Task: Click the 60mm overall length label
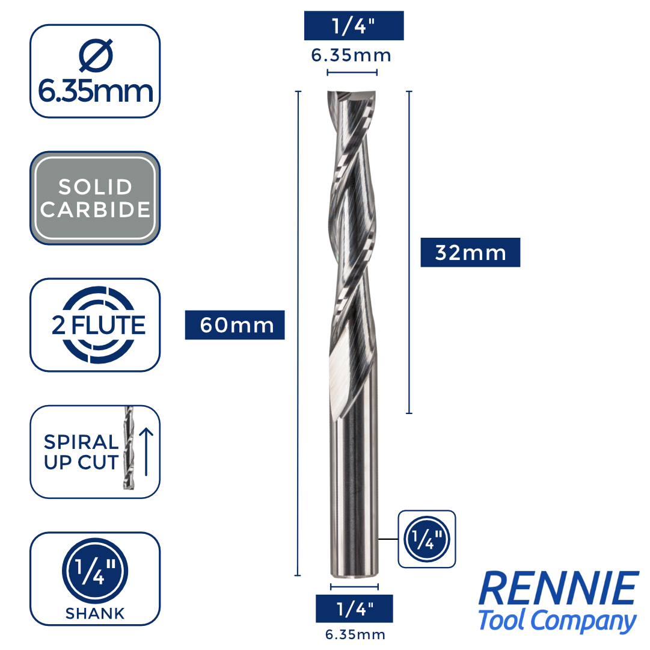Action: (x=235, y=325)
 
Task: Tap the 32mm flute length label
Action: (x=470, y=253)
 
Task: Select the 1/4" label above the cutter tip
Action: (x=354, y=26)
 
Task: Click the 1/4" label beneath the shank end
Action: (x=354, y=608)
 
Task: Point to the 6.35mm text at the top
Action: (x=351, y=55)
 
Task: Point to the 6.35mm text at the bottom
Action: (x=355, y=634)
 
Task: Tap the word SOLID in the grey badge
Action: (x=95, y=187)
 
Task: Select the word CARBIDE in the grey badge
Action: (x=95, y=209)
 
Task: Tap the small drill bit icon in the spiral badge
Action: (x=127, y=451)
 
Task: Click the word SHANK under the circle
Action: (x=95, y=614)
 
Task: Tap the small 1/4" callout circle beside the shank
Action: (x=427, y=539)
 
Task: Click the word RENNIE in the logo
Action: (x=559, y=589)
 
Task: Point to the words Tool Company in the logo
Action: (x=557, y=621)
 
